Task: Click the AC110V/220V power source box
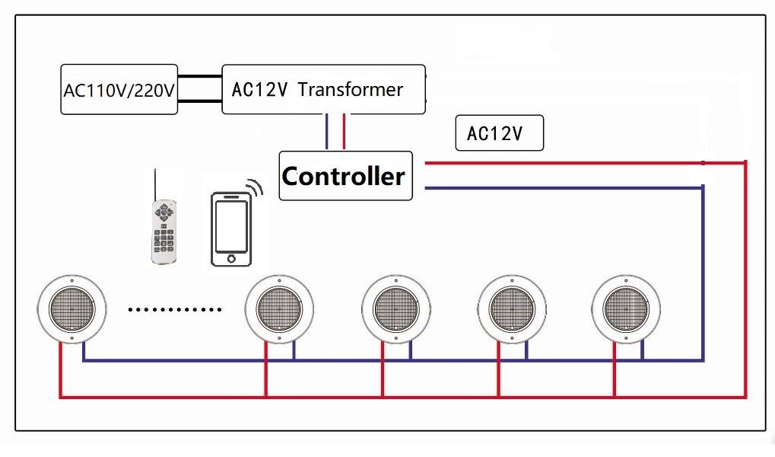pyautogui.click(x=119, y=90)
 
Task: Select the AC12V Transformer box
pyautogui.click(x=323, y=90)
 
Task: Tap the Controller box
pyautogui.click(x=345, y=176)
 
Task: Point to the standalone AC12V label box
pyautogui.click(x=499, y=133)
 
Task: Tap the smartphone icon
pyautogui.click(x=231, y=229)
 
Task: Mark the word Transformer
pyautogui.click(x=350, y=89)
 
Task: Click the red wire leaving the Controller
pyautogui.click(x=563, y=162)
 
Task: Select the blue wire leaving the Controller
pyautogui.click(x=563, y=187)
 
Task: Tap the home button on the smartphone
pyautogui.click(x=231, y=259)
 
